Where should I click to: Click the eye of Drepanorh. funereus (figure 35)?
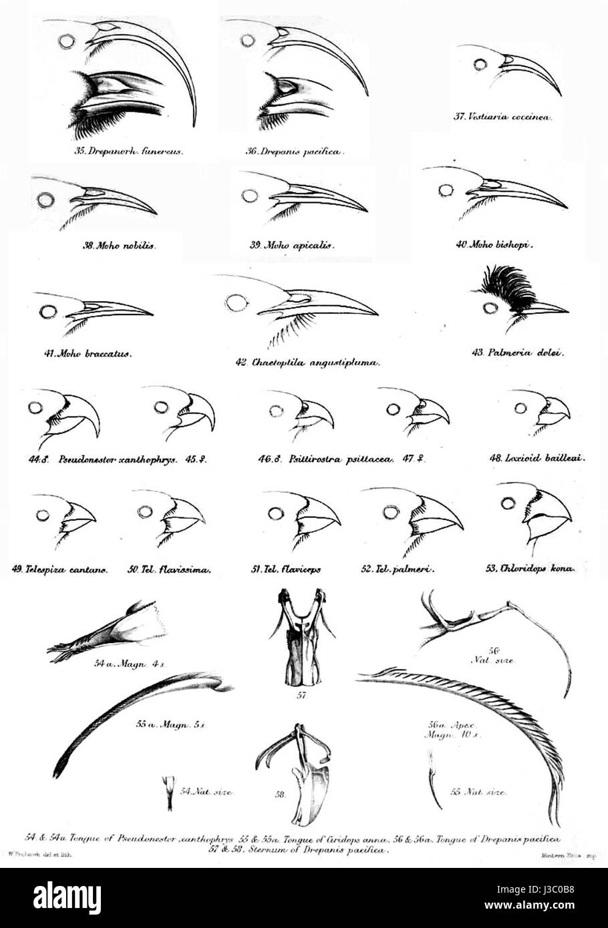pos(66,41)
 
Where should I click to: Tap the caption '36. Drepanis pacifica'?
pos(294,152)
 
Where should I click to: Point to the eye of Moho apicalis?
pos(250,196)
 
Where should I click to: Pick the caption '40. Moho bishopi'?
pos(496,244)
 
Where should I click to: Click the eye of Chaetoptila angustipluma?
pos(235,303)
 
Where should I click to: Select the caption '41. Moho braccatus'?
pos(87,353)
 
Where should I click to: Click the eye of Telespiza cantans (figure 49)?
pos(44,515)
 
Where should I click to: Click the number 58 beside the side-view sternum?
pos(281,794)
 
